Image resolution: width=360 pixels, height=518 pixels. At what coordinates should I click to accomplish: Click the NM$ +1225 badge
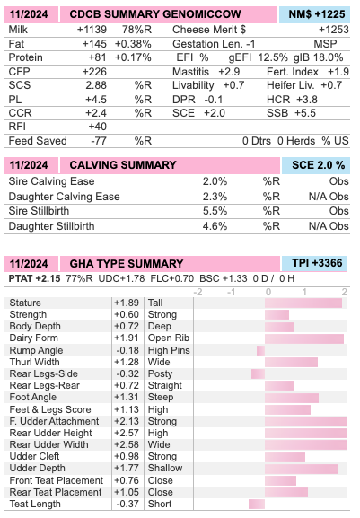click(x=314, y=14)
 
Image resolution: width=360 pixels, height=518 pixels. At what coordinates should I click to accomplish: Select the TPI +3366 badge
click(x=314, y=263)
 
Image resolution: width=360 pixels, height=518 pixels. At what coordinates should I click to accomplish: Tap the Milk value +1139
click(x=92, y=30)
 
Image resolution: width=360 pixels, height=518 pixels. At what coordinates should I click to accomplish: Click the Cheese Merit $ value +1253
click(x=334, y=30)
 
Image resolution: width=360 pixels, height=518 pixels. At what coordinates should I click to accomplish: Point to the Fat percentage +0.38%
click(x=133, y=44)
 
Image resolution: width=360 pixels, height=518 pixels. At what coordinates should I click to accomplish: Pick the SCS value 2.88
click(x=96, y=85)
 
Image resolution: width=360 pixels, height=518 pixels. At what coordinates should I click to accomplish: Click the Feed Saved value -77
click(x=99, y=141)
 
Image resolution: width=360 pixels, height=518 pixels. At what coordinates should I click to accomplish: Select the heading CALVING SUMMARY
click(x=123, y=165)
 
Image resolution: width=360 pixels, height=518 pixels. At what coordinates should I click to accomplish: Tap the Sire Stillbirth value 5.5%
click(x=215, y=211)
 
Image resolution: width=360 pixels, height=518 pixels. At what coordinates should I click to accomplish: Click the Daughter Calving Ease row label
click(x=64, y=197)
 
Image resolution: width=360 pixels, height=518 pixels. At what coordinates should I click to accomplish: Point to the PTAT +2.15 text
click(x=34, y=279)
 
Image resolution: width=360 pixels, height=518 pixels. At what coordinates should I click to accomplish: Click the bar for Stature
click(x=303, y=303)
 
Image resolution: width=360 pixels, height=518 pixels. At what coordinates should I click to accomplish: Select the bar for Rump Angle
click(x=260, y=350)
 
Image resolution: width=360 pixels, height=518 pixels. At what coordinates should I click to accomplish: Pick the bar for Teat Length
click(x=257, y=505)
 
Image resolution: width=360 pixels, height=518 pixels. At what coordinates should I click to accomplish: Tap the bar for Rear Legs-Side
click(x=258, y=374)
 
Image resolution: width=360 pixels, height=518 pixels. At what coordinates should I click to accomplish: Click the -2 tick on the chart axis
click(x=198, y=292)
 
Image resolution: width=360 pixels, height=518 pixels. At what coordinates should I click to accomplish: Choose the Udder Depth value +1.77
click(x=127, y=468)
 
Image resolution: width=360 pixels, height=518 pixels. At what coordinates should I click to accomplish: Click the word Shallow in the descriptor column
click(x=165, y=468)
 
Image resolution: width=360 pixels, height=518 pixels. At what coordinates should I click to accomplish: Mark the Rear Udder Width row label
click(x=48, y=444)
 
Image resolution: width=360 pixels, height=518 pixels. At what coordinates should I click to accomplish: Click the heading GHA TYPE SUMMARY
click(x=127, y=264)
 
